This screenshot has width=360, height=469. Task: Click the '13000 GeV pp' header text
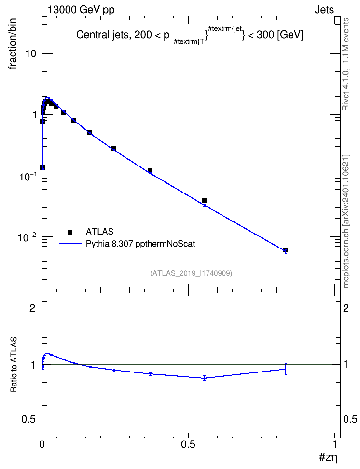pos(81,10)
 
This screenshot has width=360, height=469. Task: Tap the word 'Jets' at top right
pos(324,10)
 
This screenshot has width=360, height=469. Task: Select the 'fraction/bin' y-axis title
pos(12,44)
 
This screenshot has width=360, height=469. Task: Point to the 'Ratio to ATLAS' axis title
pos(14,364)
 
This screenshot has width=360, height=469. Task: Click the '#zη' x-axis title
pos(328,457)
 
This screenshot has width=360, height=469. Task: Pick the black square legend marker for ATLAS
pos(70,232)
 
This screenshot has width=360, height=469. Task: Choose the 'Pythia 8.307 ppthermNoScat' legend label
pos(140,244)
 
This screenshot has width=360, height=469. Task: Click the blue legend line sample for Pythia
pos(70,244)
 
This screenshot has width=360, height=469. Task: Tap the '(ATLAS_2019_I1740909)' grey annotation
pos(191,273)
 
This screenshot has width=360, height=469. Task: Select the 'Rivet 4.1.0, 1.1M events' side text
pos(346,64)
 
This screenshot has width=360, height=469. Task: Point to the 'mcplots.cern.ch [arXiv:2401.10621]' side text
pos(346,221)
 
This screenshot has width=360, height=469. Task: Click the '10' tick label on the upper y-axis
pos(30,54)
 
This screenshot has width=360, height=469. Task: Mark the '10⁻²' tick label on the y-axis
pos(27,237)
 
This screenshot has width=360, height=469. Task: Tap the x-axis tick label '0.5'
pos(188,444)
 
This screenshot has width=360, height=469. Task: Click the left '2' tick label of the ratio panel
pos(32,308)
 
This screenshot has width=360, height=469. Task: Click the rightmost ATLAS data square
pos(286,250)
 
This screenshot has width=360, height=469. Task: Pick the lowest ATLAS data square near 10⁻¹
pos(42,167)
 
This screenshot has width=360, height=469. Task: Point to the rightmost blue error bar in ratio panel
pos(286,369)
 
